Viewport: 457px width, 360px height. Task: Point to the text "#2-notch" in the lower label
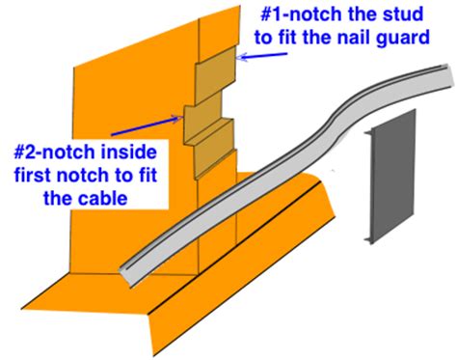(x=56, y=152)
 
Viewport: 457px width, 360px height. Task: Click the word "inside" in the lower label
(x=129, y=152)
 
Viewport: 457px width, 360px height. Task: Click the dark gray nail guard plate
(x=392, y=177)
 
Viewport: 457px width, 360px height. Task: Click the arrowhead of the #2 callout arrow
(x=178, y=119)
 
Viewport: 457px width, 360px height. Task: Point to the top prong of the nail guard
(x=368, y=132)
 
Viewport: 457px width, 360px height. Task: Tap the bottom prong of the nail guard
(x=368, y=239)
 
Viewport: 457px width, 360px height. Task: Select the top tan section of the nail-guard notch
(x=216, y=75)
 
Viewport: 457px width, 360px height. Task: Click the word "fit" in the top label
(x=289, y=38)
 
